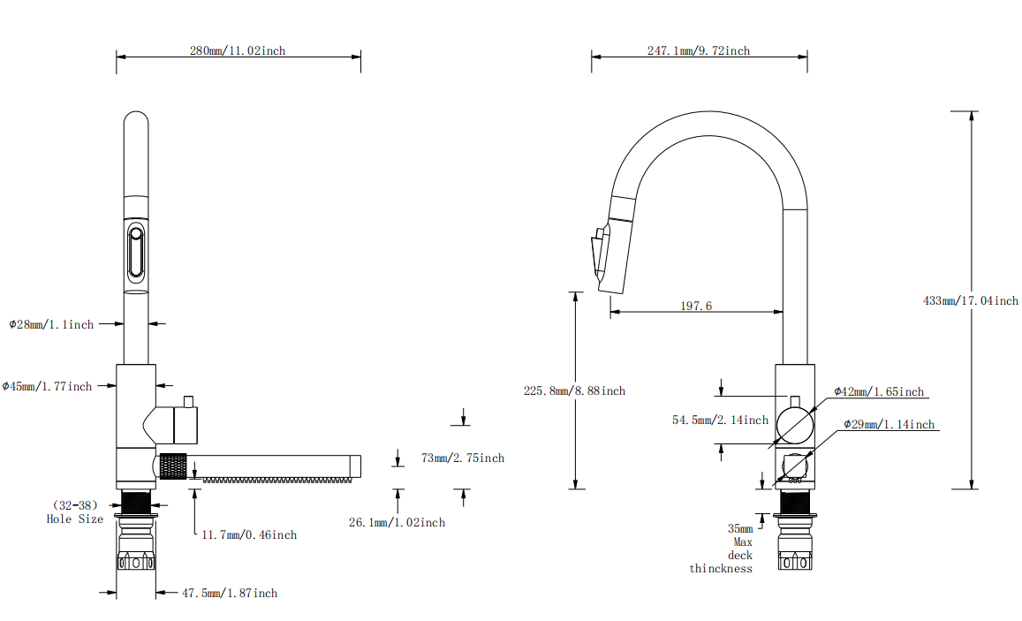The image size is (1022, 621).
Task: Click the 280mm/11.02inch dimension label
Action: [x=238, y=50]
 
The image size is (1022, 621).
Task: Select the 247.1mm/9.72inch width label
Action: [x=698, y=50]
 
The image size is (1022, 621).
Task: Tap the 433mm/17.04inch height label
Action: [x=970, y=300]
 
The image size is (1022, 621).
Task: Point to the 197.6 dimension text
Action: [x=696, y=306]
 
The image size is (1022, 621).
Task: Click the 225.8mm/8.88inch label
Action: [x=575, y=390]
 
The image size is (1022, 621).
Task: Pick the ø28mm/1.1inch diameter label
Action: [x=51, y=324]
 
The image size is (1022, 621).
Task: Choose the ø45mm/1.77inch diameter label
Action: [x=47, y=386]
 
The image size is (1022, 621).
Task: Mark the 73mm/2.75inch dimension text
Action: [x=462, y=458]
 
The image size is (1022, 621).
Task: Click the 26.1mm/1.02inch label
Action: [x=397, y=522]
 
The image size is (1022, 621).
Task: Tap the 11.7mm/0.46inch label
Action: [x=249, y=534]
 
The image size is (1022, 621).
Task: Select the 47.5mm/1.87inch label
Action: [x=230, y=593]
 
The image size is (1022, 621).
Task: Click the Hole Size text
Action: [x=75, y=519]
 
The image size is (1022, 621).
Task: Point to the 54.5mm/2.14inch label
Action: [x=720, y=420]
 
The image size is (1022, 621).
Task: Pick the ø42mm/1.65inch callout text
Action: [x=879, y=391]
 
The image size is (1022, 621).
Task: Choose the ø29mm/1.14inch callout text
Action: [x=889, y=424]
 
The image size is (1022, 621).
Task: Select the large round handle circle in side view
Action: [x=793, y=425]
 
